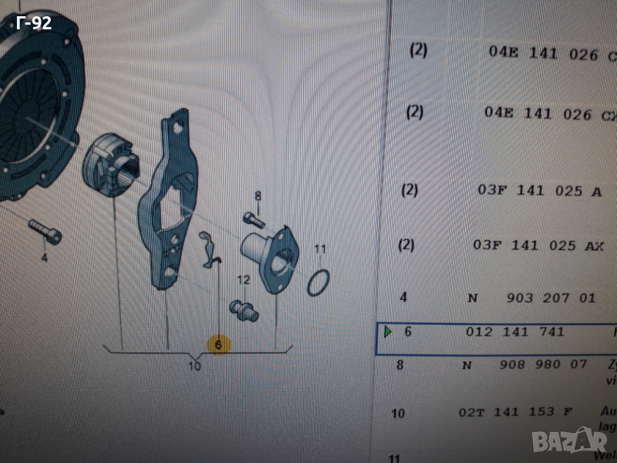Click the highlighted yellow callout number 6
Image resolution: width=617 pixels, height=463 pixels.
(218, 345)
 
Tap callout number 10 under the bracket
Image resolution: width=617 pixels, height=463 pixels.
(194, 366)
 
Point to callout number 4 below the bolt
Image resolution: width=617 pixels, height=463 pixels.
(44, 258)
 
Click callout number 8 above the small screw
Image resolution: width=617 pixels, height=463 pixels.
(258, 196)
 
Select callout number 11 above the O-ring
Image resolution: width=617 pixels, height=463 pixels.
(320, 249)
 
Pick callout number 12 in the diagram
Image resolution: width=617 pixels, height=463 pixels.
(244, 279)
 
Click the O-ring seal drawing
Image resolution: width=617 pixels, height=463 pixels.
(320, 283)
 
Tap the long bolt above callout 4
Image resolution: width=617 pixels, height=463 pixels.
(45, 231)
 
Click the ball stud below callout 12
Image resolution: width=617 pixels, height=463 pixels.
(247, 309)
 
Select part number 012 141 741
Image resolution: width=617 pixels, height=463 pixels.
(515, 332)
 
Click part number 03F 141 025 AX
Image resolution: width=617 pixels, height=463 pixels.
(538, 245)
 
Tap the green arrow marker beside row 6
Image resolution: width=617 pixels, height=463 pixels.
(388, 332)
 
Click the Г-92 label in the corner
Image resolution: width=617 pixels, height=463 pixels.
(34, 23)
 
